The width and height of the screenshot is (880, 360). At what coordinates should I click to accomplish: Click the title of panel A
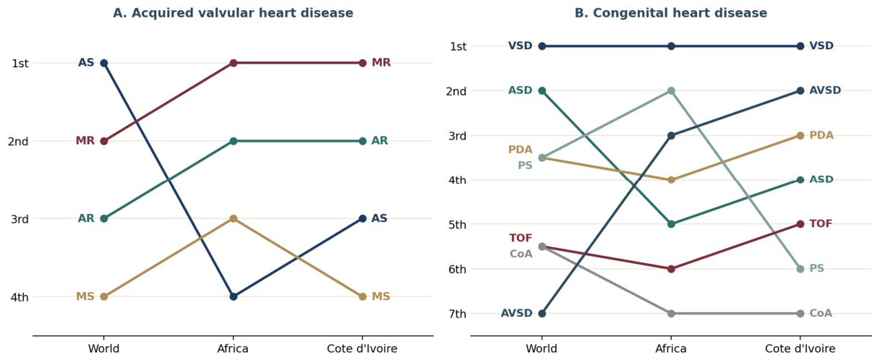pyautogui.click(x=233, y=13)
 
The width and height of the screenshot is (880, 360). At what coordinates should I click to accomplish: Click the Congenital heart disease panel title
pyautogui.click(x=670, y=13)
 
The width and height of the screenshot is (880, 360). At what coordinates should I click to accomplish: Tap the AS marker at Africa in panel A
pyautogui.click(x=234, y=296)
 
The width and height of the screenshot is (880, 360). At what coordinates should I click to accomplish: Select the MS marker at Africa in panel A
pyautogui.click(x=234, y=218)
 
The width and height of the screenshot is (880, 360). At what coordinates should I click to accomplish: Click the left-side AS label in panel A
pyautogui.click(x=86, y=62)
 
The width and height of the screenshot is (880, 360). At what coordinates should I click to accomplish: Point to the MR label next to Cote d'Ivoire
pyautogui.click(x=381, y=62)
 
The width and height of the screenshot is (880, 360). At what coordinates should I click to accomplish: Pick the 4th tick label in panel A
pyautogui.click(x=20, y=297)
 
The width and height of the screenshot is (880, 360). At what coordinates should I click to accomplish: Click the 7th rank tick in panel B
pyautogui.click(x=457, y=314)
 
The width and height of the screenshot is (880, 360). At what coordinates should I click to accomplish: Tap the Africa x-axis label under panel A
pyautogui.click(x=233, y=348)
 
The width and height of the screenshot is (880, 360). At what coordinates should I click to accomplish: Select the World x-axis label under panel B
pyautogui.click(x=542, y=348)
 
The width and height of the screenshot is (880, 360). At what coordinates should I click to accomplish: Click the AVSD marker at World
pyautogui.click(x=542, y=313)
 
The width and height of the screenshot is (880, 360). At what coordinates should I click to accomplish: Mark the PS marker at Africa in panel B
pyautogui.click(x=672, y=91)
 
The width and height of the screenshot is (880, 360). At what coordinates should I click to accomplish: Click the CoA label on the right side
pyautogui.click(x=821, y=313)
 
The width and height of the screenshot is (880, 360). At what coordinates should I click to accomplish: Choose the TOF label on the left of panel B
pyautogui.click(x=521, y=238)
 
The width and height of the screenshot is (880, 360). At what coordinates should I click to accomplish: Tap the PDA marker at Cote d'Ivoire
pyautogui.click(x=800, y=135)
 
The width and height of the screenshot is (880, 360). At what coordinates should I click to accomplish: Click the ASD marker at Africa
pyautogui.click(x=672, y=224)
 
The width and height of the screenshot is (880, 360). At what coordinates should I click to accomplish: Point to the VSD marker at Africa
pyautogui.click(x=672, y=46)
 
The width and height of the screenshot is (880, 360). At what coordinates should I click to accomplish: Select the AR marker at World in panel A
pyautogui.click(x=104, y=218)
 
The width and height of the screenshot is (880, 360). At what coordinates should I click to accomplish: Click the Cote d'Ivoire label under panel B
pyautogui.click(x=800, y=348)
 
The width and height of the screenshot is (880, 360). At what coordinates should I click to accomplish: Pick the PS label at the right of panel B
pyautogui.click(x=817, y=268)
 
